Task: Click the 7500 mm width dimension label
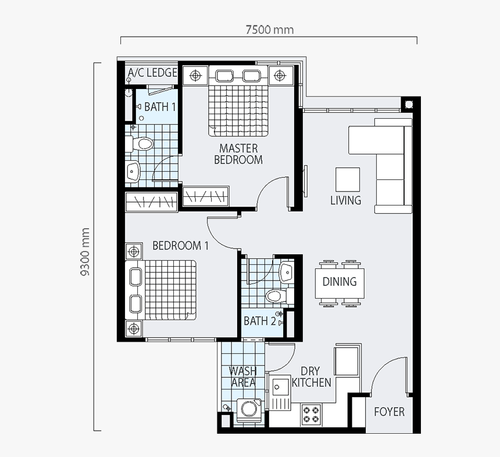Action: click(269, 30)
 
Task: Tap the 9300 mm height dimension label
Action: click(85, 251)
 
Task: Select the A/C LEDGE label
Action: click(152, 73)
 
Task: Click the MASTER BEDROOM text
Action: click(238, 154)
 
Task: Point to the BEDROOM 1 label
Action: click(180, 246)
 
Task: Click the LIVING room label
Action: click(346, 200)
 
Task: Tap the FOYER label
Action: click(389, 412)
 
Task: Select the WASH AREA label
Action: click(243, 377)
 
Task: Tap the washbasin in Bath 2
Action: click(287, 272)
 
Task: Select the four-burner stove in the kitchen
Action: click(311, 414)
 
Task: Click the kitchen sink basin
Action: click(280, 387)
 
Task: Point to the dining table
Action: click(340, 284)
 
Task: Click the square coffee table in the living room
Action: click(348, 179)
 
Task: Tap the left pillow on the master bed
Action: click(224, 76)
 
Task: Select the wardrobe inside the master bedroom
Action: click(205, 196)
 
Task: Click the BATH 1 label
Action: click(160, 107)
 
